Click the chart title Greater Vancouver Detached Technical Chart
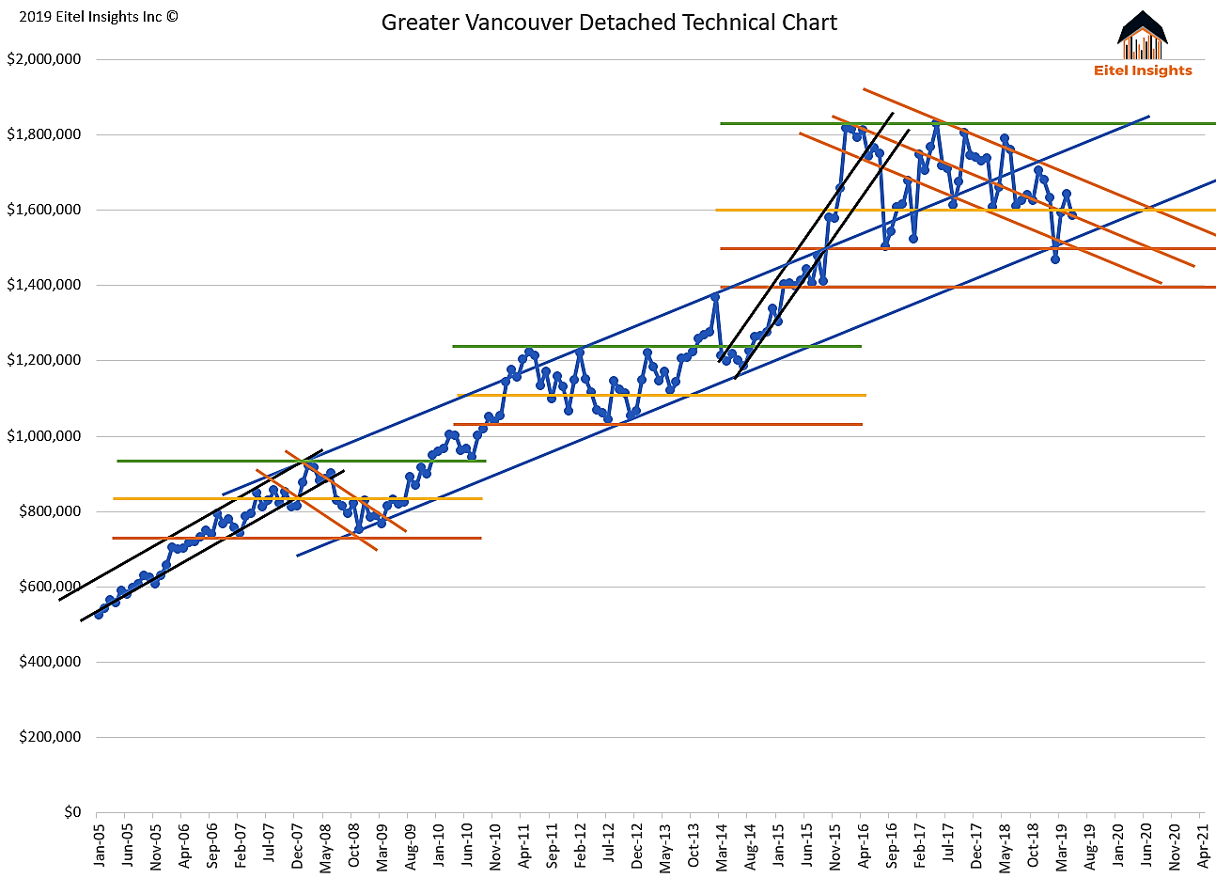(x=609, y=23)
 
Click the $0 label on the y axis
(x=72, y=812)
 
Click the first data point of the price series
(x=99, y=614)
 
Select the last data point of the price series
(x=1072, y=215)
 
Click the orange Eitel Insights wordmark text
(x=1143, y=71)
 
